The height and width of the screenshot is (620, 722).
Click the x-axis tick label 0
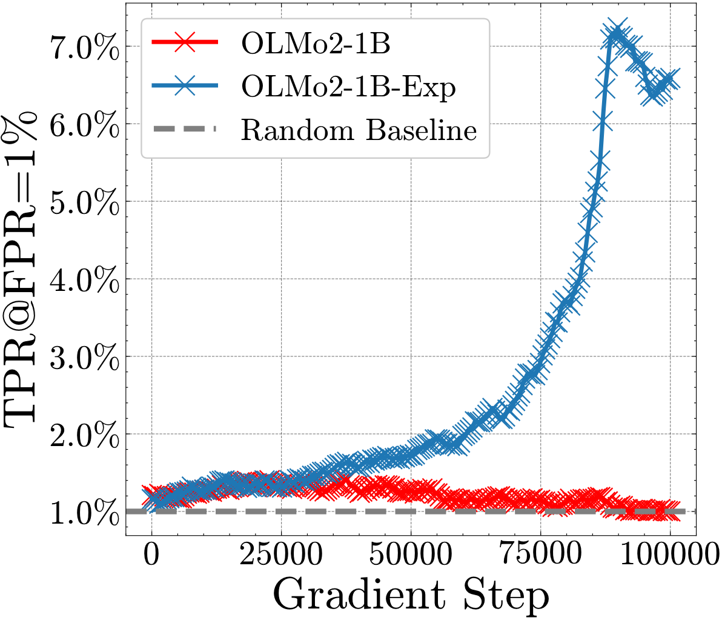point(151,555)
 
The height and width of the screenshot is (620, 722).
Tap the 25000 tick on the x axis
point(280,555)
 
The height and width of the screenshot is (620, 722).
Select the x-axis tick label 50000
point(411,555)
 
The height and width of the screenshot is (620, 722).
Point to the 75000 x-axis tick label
point(540,555)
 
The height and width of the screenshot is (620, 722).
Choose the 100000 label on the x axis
point(670,555)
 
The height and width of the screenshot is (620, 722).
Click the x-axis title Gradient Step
point(411,595)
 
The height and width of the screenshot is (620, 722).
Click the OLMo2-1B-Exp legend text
point(348,88)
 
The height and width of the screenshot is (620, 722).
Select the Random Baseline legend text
point(359,130)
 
